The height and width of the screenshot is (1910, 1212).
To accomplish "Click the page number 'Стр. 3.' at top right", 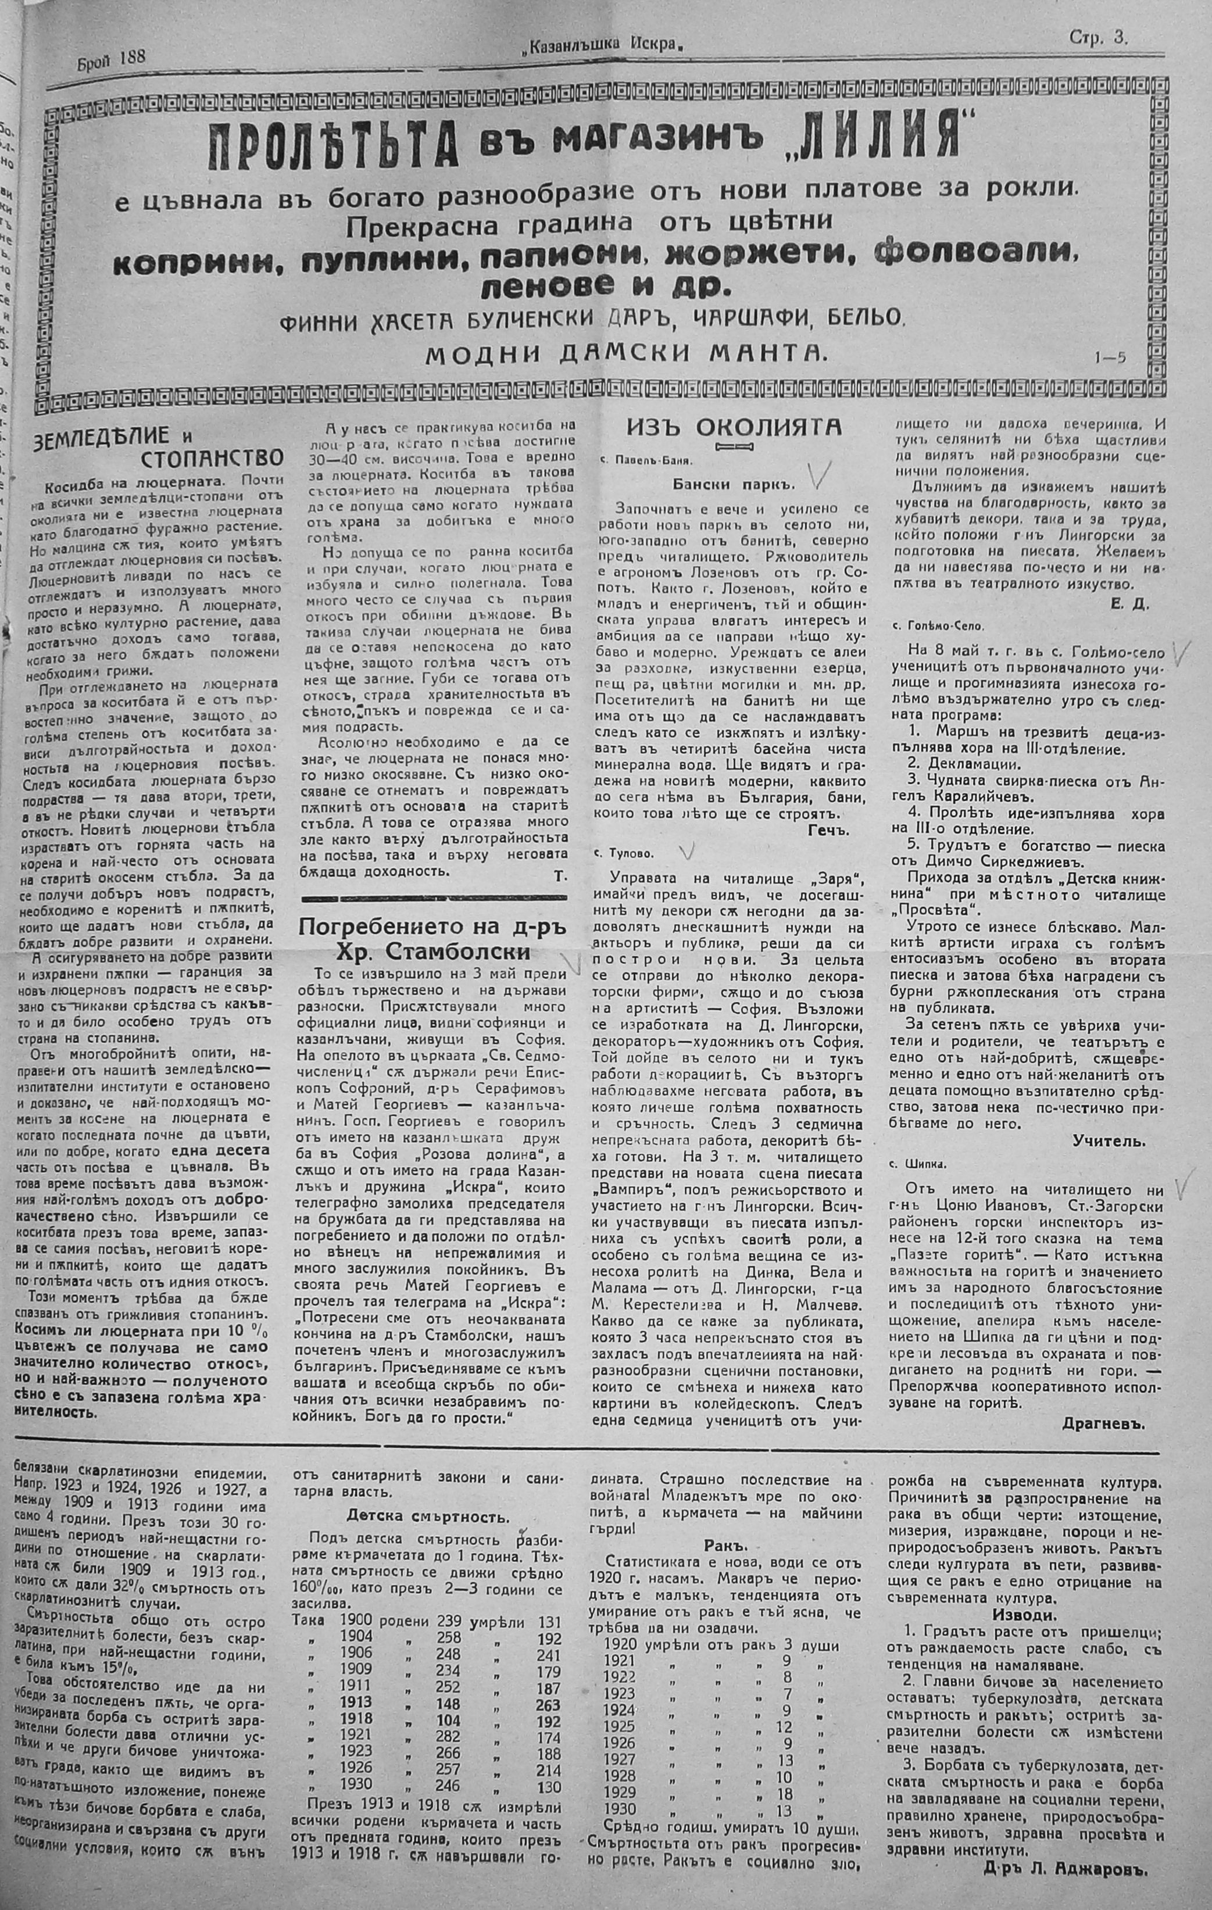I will tap(1098, 38).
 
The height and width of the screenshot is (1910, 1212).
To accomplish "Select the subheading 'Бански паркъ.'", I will tap(733, 483).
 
